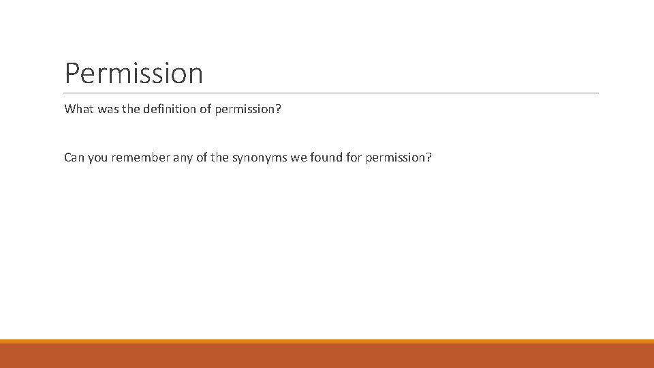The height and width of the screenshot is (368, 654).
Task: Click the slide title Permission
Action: [134, 74]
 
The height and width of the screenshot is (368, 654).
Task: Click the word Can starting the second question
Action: [74, 157]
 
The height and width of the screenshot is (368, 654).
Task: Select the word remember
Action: [143, 157]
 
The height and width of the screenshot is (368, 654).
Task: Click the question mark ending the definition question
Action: [278, 109]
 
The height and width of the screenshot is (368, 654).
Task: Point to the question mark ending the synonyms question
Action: [429, 157]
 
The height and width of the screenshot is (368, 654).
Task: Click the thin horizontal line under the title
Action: [331, 93]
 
